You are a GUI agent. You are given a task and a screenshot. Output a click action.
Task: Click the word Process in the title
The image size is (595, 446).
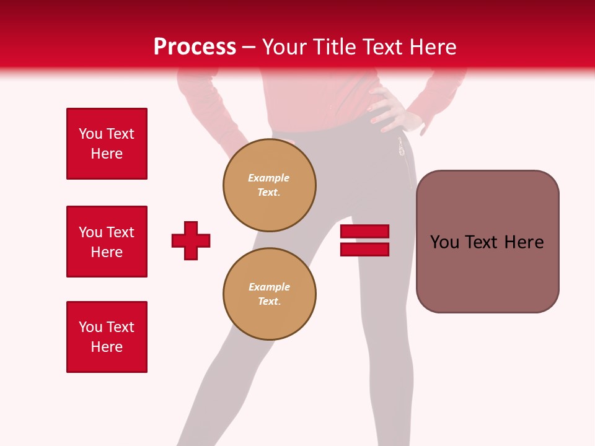click(195, 47)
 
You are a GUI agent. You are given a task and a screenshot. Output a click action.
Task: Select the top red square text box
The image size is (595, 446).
click(107, 144)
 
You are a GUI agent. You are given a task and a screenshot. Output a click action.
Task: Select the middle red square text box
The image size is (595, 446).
click(107, 242)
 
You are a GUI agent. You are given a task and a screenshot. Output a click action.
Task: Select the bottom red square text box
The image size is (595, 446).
click(107, 337)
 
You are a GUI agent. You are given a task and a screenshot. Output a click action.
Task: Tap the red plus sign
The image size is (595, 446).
click(191, 240)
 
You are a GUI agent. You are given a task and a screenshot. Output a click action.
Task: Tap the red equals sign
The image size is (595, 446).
click(364, 240)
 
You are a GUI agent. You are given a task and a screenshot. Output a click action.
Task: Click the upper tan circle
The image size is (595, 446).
click(270, 185)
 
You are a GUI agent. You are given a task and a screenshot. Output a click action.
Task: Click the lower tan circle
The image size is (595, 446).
click(270, 294)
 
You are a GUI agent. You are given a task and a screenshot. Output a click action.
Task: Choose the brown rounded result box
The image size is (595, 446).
click(487, 242)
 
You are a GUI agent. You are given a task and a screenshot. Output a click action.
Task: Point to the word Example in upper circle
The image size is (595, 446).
click(269, 178)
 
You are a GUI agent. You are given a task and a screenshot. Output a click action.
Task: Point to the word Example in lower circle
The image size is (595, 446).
click(269, 287)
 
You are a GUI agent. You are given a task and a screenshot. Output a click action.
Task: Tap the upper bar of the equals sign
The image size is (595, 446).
click(364, 232)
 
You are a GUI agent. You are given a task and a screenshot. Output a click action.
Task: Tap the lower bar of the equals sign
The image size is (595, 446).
click(364, 249)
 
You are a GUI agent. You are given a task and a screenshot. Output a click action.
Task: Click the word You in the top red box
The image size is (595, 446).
click(90, 134)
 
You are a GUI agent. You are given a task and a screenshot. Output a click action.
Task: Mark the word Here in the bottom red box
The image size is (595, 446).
click(107, 347)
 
